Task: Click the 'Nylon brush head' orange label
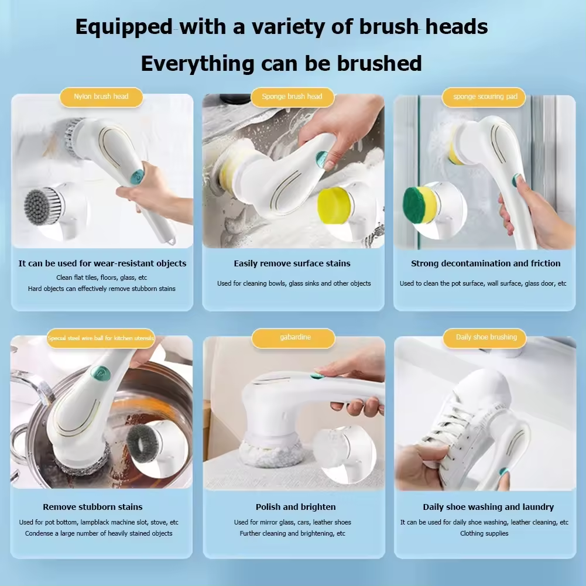point(101,97)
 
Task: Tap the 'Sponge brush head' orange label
point(292,97)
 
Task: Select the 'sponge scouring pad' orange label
point(485,97)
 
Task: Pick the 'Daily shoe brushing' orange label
point(486,337)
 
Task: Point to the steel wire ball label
point(101,338)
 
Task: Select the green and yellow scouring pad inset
point(420,205)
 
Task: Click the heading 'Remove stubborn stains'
point(92,507)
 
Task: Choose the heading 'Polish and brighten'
point(296,507)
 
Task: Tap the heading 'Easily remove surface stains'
point(292,263)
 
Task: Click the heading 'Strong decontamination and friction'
point(485,263)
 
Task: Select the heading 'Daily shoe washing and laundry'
point(488,507)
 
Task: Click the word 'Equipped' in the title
point(124,26)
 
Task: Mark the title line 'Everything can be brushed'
point(281,63)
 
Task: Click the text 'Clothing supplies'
point(484,533)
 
